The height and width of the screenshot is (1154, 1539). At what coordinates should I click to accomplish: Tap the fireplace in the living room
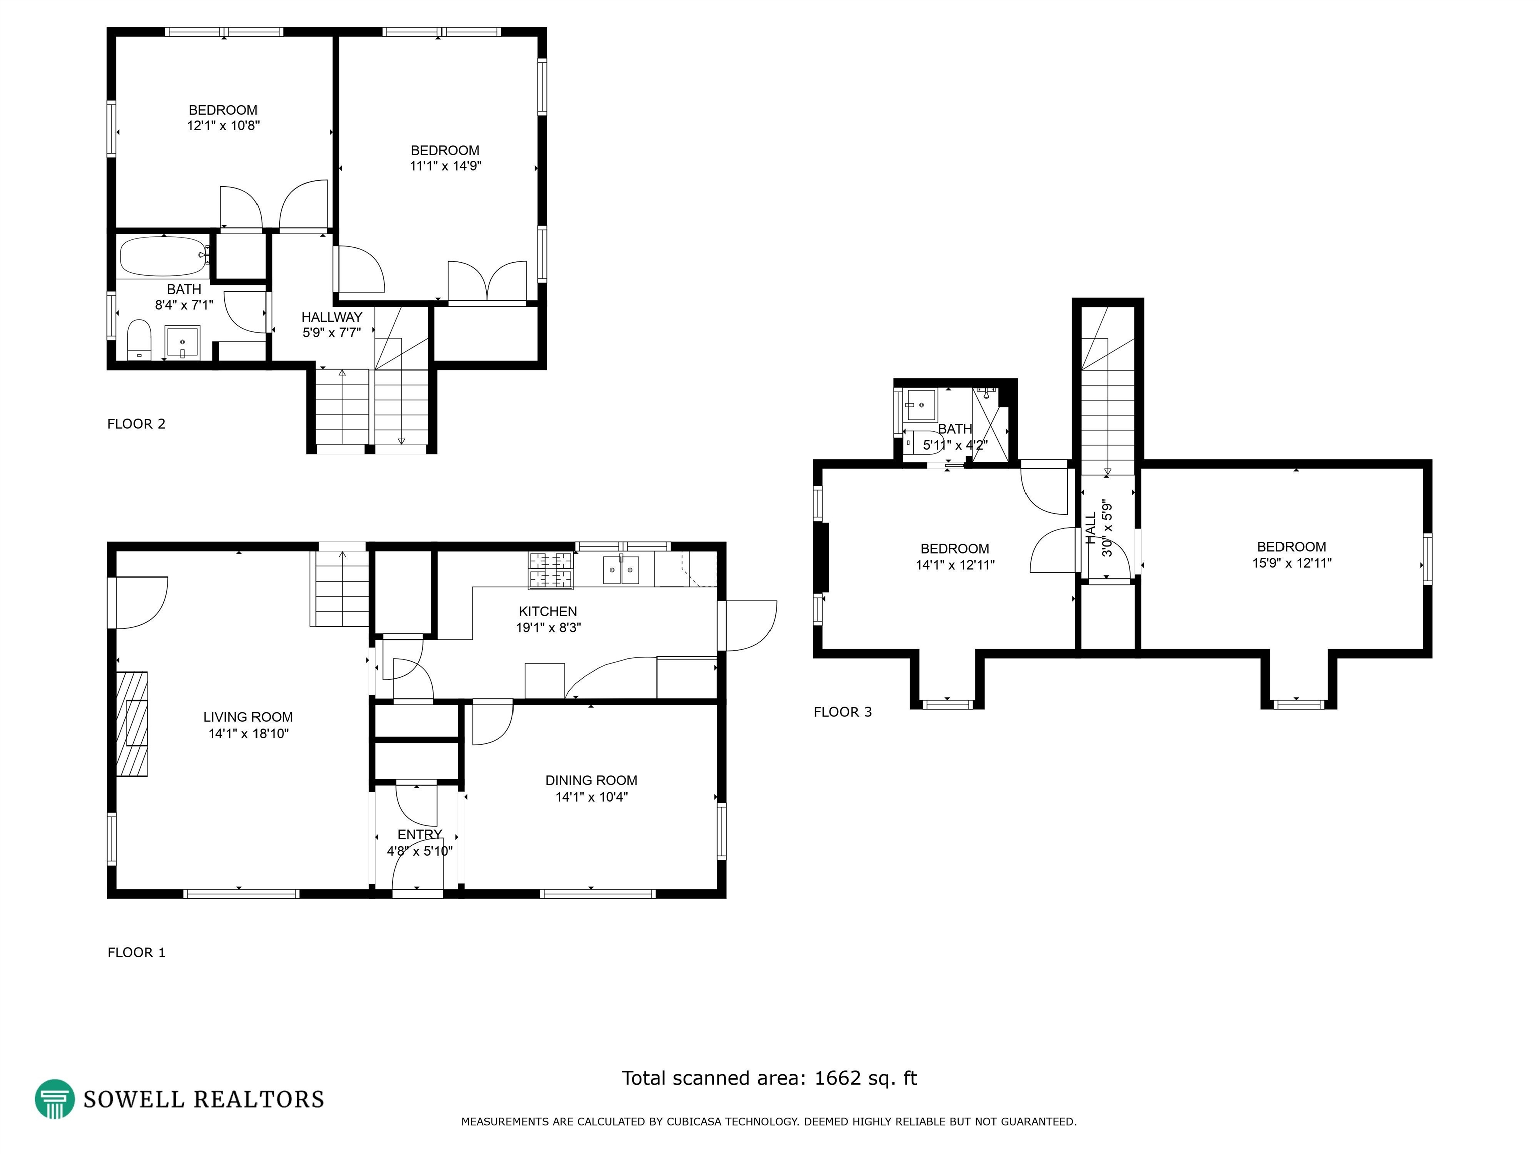point(131,723)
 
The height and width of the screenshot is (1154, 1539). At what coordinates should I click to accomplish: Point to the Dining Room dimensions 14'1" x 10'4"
point(591,797)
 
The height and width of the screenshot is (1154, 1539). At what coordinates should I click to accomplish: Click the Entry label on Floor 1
point(419,834)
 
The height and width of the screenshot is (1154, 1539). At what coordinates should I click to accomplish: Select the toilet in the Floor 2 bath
point(140,339)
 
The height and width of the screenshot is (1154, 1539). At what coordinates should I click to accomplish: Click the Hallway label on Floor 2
point(332,317)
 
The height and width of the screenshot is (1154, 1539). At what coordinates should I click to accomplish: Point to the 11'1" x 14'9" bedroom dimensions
point(446,166)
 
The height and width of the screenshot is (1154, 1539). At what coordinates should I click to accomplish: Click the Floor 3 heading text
point(843,712)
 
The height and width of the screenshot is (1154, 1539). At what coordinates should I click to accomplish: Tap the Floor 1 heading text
point(136,952)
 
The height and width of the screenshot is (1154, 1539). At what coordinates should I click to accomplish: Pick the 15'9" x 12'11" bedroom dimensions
point(1292,563)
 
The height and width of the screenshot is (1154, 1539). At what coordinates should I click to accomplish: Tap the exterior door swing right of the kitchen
point(748,626)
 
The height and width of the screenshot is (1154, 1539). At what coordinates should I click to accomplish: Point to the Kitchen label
point(548,611)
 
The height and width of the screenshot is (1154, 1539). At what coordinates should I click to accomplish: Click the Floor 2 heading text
point(136,424)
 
